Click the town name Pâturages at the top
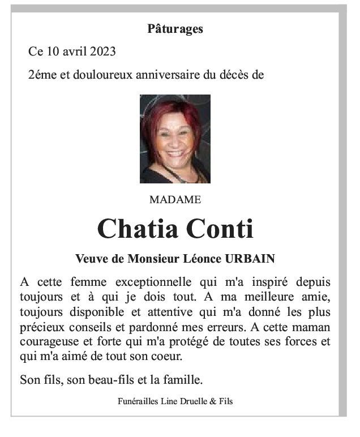[175, 29]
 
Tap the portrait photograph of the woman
[175, 139]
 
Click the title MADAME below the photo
[175, 200]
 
